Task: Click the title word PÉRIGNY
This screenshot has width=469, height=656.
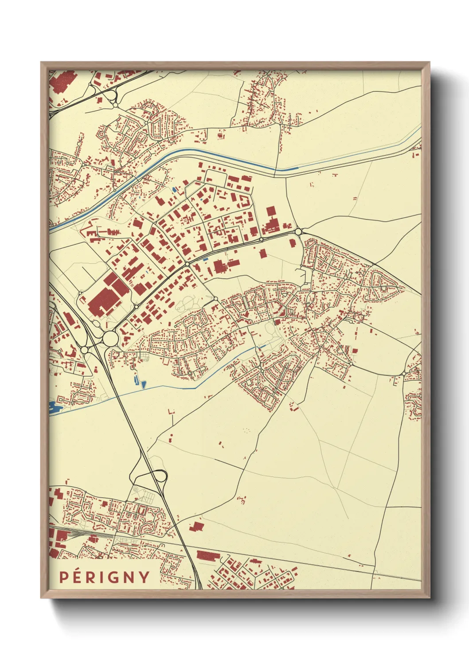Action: click(x=105, y=577)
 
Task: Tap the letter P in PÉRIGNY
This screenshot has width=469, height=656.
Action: click(x=64, y=577)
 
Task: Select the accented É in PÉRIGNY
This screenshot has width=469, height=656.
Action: click(x=77, y=576)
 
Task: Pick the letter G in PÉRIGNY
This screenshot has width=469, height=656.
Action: click(x=114, y=577)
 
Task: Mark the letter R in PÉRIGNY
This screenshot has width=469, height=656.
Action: click(x=91, y=577)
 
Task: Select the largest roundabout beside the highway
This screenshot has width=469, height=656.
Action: click(x=110, y=339)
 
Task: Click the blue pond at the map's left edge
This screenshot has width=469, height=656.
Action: click(x=55, y=406)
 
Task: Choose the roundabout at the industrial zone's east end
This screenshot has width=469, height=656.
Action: click(x=298, y=231)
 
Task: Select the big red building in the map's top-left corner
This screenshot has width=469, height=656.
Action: click(x=62, y=82)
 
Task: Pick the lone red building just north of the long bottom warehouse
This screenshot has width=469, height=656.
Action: click(x=196, y=527)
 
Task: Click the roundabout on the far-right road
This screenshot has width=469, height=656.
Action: click(x=403, y=375)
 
